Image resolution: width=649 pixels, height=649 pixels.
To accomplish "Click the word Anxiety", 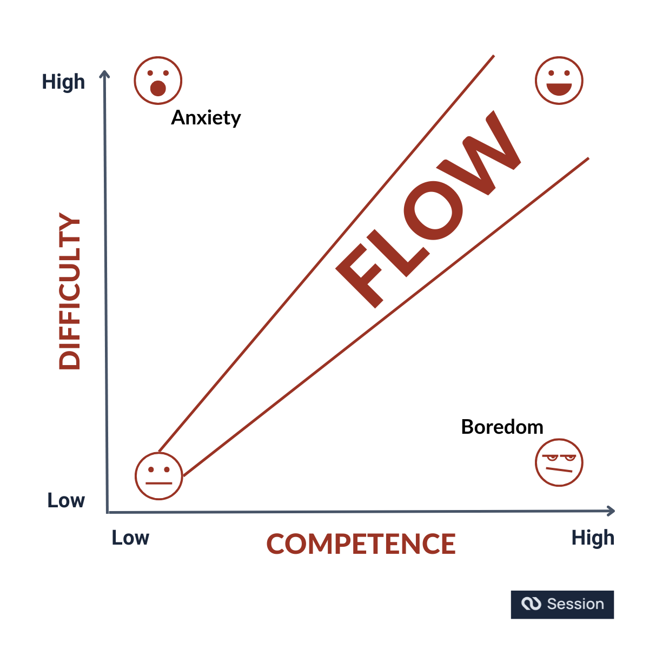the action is (206, 118).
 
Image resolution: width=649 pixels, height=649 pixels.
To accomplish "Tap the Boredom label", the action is (502, 427).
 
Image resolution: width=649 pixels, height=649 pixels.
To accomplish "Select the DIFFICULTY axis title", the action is (70, 292).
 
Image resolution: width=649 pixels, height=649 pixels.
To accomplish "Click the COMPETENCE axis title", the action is (361, 544).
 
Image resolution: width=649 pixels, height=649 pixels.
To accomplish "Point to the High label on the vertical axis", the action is (64, 82).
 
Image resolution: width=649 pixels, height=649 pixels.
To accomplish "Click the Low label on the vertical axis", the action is (66, 501).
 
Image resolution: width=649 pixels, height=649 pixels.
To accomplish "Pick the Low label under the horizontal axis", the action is (130, 538).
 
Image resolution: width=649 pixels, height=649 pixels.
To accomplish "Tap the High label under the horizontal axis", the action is (593, 538).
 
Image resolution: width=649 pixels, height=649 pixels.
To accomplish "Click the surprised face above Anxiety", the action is (158, 81).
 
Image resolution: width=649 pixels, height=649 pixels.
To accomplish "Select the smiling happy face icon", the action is (559, 81).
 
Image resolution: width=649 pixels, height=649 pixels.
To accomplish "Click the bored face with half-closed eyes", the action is (559, 463).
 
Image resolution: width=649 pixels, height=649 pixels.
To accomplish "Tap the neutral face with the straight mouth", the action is (159, 476).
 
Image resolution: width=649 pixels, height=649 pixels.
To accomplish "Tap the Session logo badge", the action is (562, 604).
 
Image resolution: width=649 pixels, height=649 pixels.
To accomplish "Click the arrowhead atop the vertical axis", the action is (105, 74).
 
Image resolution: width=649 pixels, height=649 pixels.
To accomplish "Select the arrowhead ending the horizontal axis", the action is (611, 511).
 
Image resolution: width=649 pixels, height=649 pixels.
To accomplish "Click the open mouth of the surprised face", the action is (158, 88).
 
